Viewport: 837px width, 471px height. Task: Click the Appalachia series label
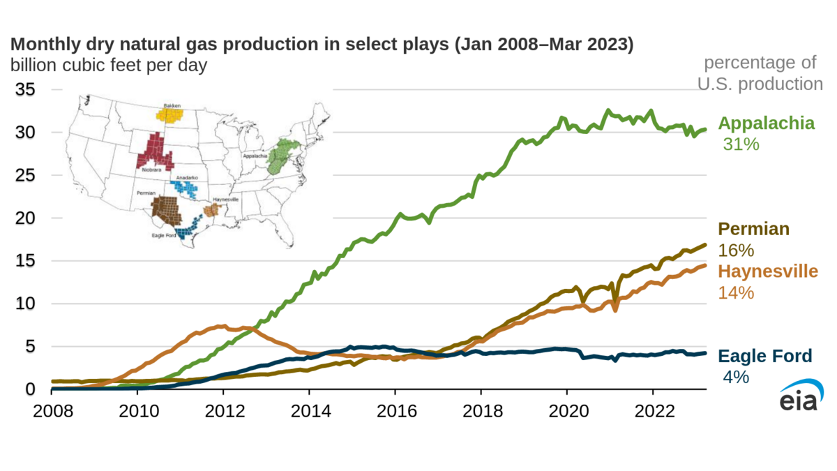click(x=766, y=124)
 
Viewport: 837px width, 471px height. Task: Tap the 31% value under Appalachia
click(x=740, y=144)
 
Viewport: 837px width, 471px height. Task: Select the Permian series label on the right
click(x=754, y=229)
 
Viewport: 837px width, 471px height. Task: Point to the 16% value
click(x=736, y=251)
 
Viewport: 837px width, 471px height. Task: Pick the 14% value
click(x=736, y=292)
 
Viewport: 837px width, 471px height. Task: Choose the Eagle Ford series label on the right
click(x=764, y=357)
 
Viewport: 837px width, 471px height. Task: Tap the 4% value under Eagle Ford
click(x=736, y=377)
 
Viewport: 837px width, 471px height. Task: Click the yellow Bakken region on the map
click(x=169, y=114)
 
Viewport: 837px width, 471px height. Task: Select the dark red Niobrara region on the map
click(x=155, y=149)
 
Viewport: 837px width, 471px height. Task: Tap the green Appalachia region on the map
click(x=283, y=156)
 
